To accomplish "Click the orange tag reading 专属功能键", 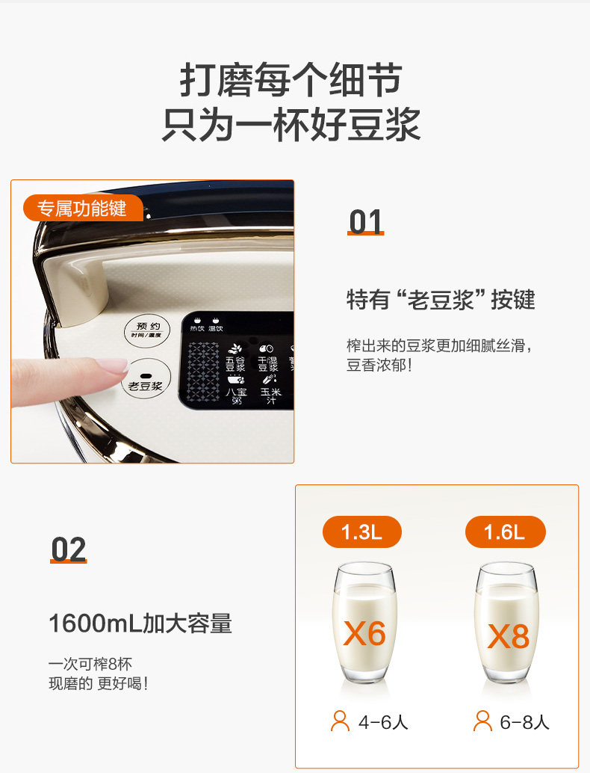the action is coord(83,208).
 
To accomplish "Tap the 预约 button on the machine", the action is coord(147,330).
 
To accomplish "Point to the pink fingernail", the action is coord(114,366).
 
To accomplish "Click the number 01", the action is coord(365,222).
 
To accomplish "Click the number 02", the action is coord(69,549).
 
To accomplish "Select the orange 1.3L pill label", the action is coord(362,532).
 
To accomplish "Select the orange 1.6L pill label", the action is coord(506,532).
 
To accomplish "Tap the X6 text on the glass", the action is coord(364,633).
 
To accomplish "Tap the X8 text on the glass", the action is coord(509,636).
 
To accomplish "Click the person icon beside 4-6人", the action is coord(340,721).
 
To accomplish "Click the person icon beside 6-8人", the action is coord(482,721).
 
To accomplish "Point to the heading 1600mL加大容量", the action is coord(140,623).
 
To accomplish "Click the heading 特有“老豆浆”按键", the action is coord(441,299).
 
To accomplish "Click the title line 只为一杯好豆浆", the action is coord(291,124).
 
